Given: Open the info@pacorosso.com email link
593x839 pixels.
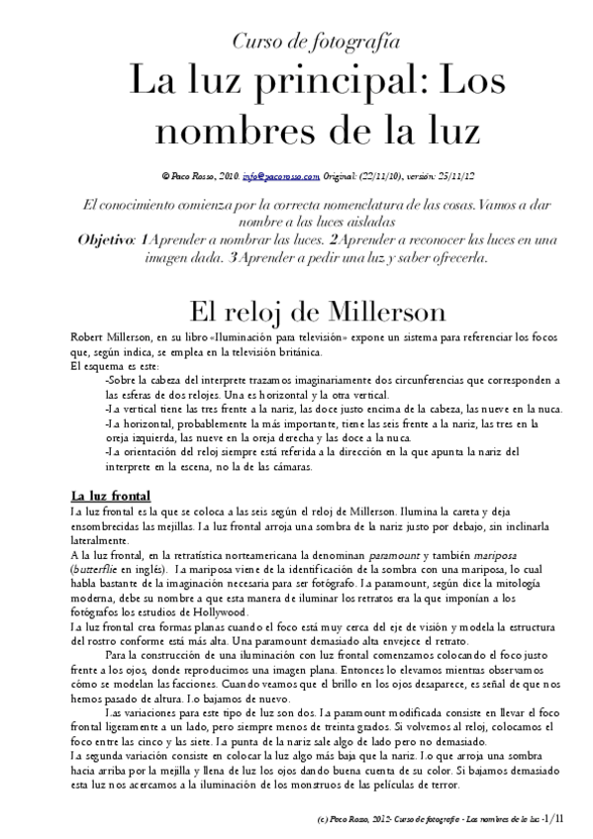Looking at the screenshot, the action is click(x=280, y=176).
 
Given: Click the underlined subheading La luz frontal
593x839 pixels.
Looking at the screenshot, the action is click(x=110, y=495).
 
